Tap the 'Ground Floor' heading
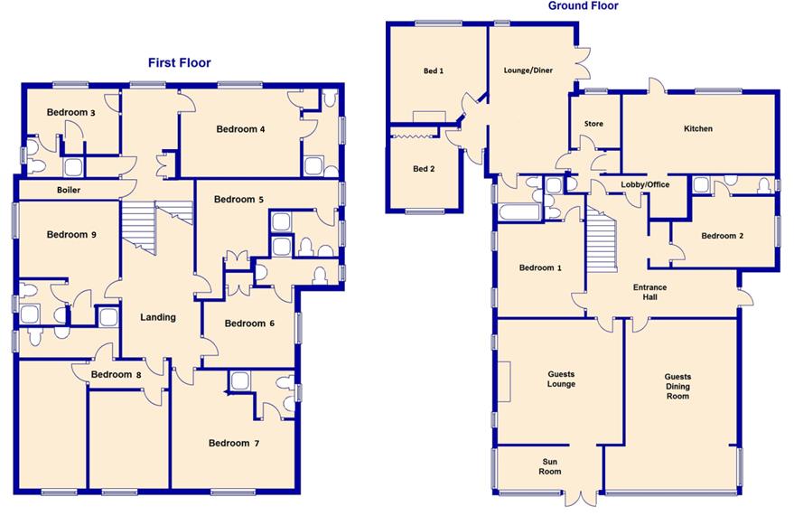point(583,6)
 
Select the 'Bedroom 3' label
point(71,113)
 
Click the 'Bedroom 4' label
point(240,129)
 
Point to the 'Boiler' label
point(69,190)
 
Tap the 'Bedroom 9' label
point(71,235)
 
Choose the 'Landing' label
point(157,317)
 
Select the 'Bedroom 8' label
point(116,374)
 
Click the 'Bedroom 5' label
point(238,200)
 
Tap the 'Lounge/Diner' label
point(528,70)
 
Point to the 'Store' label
point(593,124)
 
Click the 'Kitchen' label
point(697,129)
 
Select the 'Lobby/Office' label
point(644,184)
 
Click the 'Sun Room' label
point(550,466)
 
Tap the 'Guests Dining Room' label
point(677,386)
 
